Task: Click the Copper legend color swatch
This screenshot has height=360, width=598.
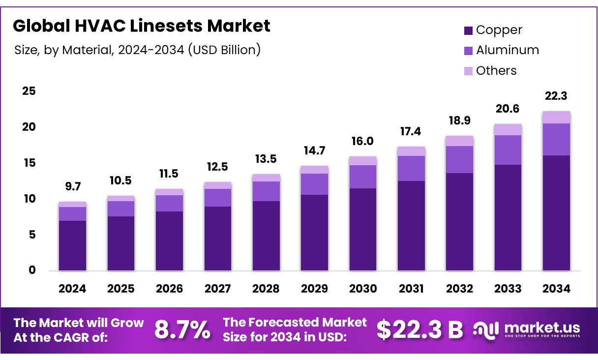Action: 468,30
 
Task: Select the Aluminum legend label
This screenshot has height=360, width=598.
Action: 507,50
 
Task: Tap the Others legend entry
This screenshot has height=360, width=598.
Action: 496,71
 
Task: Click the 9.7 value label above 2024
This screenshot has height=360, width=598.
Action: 72,187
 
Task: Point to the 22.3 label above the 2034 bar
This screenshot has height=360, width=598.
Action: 556,96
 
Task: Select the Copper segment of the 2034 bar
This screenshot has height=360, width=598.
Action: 556,212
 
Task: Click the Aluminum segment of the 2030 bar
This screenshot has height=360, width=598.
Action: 362,177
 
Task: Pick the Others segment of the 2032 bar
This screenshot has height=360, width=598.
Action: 459,141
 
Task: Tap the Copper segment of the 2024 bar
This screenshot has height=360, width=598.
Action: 72,245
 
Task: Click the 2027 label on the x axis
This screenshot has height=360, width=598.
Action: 217,289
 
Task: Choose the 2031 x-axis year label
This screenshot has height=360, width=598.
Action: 411,289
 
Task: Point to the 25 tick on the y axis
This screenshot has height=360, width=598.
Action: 29,91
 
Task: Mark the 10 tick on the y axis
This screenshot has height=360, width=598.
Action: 29,199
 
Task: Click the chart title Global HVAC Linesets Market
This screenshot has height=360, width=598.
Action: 142,26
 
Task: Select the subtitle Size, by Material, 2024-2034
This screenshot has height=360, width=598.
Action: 137,50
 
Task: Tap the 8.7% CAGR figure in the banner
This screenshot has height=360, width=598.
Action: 182,330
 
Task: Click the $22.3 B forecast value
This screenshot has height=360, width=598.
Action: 419,330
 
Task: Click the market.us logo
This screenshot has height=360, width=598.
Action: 527,330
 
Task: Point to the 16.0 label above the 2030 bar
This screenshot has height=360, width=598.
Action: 362,142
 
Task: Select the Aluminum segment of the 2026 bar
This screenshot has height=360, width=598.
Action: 169,203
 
